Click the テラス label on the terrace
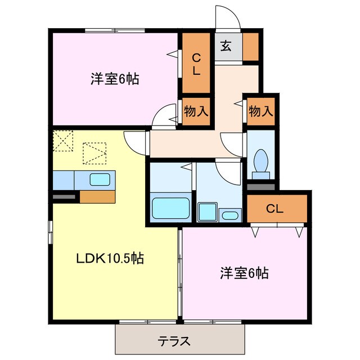point(173,340)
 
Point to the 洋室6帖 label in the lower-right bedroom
point(244,274)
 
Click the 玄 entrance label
point(226,47)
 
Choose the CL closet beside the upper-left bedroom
point(195,63)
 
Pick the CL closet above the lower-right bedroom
point(274,209)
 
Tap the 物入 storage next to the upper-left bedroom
point(195,111)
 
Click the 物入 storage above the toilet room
point(261,111)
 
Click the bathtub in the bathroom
point(170,208)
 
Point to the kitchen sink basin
point(100,180)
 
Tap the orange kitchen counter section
point(97,196)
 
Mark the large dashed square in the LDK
point(94,153)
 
